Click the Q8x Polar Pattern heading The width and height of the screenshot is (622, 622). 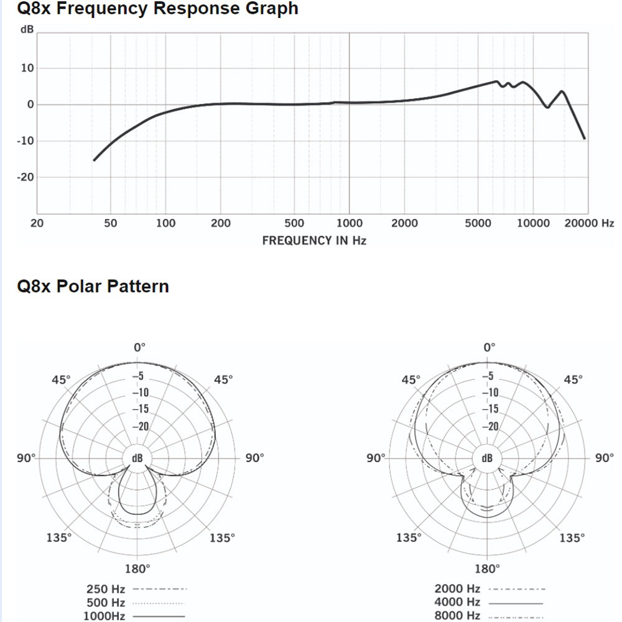(x=93, y=286)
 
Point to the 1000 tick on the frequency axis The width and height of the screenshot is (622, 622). (x=350, y=223)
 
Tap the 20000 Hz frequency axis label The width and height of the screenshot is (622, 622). (x=588, y=223)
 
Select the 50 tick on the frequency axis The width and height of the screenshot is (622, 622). (x=110, y=223)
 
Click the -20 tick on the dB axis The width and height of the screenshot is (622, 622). (x=26, y=177)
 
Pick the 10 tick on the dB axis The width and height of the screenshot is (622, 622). (x=28, y=68)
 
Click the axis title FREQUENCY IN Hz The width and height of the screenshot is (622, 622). (x=314, y=240)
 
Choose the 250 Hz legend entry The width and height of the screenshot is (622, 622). (x=106, y=588)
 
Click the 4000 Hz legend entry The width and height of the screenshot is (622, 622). (x=457, y=602)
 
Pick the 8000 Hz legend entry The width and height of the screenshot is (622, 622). (x=457, y=616)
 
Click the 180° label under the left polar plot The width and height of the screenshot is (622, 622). (x=137, y=569)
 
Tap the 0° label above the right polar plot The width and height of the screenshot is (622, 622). (x=490, y=346)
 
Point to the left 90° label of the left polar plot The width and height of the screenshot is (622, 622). (x=27, y=458)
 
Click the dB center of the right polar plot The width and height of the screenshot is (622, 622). (x=487, y=458)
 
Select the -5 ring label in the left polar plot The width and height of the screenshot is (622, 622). (x=139, y=376)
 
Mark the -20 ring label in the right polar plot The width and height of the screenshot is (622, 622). (x=490, y=426)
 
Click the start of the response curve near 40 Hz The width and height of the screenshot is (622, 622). (x=94, y=160)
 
